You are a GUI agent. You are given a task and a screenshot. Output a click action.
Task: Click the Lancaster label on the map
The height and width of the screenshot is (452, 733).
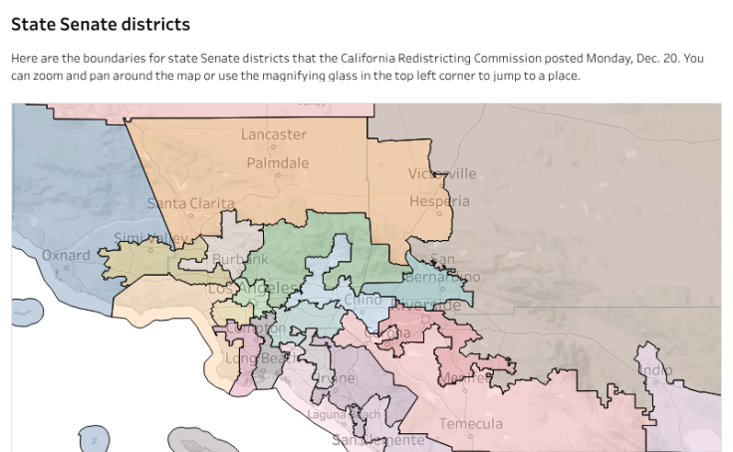(274, 134)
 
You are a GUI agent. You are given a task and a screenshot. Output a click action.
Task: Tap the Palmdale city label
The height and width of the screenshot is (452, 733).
(278, 162)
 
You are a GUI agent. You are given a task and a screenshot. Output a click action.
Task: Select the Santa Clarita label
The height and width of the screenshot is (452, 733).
(191, 203)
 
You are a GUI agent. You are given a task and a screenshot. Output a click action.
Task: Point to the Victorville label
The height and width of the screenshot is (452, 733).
(442, 174)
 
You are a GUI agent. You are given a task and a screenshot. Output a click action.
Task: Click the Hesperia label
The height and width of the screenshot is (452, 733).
(439, 201)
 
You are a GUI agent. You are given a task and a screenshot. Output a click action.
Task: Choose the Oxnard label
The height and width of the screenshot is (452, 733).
(66, 255)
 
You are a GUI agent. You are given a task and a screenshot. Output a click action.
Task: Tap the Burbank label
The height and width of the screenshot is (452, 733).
(240, 260)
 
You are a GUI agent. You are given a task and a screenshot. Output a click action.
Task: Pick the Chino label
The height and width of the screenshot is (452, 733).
(362, 300)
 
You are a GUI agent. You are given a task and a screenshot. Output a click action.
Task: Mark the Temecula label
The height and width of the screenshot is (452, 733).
(471, 424)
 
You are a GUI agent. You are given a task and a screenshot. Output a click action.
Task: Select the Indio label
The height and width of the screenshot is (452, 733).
(654, 370)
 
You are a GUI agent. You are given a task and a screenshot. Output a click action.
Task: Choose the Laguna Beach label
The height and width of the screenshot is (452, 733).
(344, 414)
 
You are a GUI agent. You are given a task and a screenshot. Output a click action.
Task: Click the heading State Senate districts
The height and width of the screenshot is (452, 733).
(100, 23)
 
